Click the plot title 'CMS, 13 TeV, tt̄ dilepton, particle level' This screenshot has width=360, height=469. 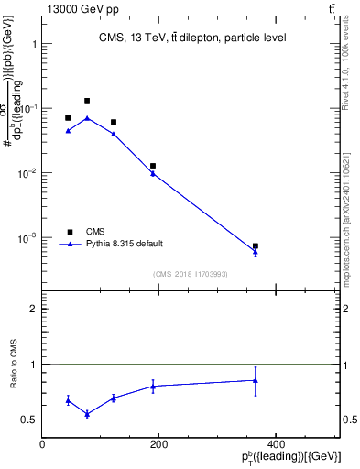click(191, 38)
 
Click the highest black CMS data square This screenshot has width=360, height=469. click(87, 101)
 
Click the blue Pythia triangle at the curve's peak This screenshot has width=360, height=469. click(87, 118)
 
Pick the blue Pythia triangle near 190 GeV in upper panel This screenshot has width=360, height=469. click(153, 173)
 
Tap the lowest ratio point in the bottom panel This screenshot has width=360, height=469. click(87, 414)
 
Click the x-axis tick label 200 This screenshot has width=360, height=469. click(158, 445)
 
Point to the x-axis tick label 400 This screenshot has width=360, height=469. click(275, 445)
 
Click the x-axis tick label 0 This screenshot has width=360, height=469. click(42, 445)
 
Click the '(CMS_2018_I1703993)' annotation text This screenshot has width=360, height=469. click(191, 273)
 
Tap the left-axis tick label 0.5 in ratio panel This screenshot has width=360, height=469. click(30, 420)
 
